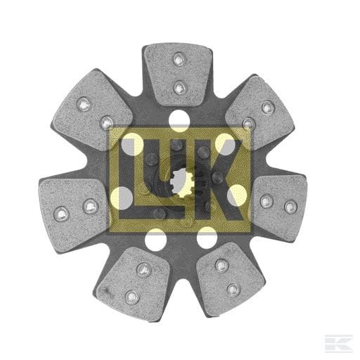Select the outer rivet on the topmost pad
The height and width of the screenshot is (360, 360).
click(x=179, y=59)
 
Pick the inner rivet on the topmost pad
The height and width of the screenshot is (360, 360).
click(x=179, y=87)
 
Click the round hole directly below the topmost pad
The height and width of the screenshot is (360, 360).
click(x=179, y=120)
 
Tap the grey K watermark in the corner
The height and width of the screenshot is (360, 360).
click(x=339, y=344)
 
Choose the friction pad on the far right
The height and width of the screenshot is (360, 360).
click(x=279, y=207)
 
